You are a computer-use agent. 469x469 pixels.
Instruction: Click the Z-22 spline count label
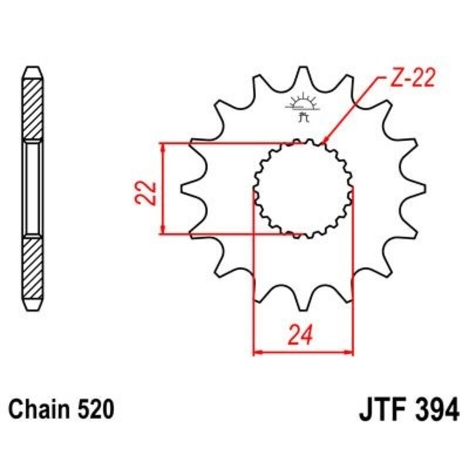(411, 79)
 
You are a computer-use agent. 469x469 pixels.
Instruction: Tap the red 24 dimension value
(303, 334)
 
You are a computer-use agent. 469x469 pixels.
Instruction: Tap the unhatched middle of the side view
(33, 188)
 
